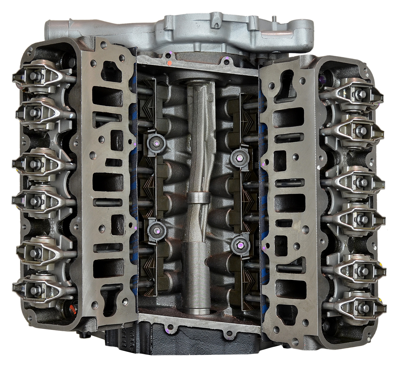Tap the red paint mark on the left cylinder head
(71, 308)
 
